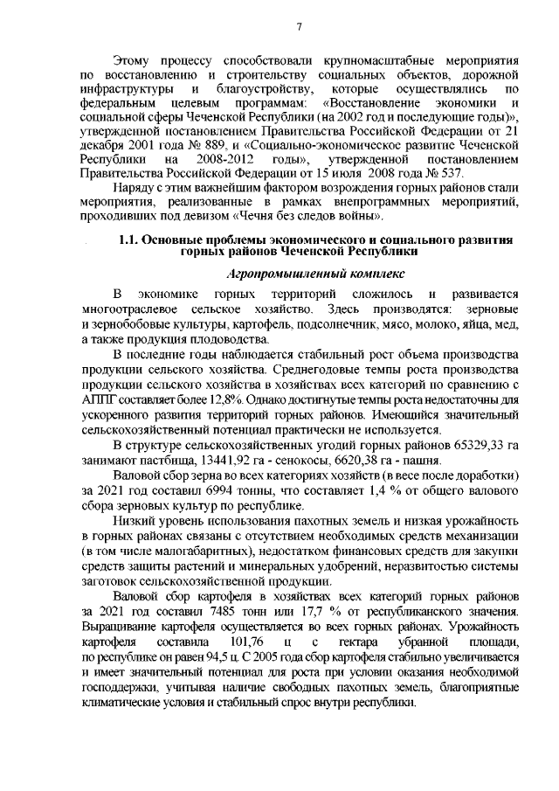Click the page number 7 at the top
tap(298, 27)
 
